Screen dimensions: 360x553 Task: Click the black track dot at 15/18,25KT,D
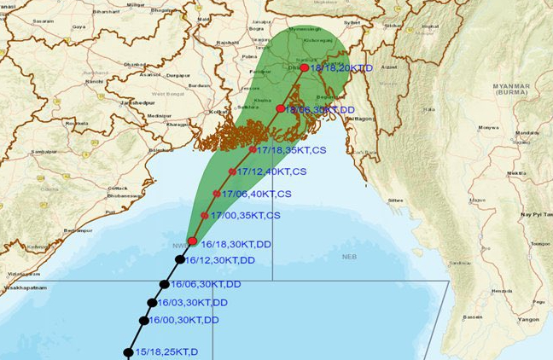pyautogui.click(x=128, y=352)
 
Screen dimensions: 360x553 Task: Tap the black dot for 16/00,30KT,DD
pyautogui.click(x=143, y=321)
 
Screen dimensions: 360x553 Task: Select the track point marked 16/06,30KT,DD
pyautogui.click(x=164, y=285)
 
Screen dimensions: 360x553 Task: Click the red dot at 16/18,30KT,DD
pyautogui.click(x=192, y=241)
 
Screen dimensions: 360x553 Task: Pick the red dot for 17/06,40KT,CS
pyautogui.click(x=217, y=195)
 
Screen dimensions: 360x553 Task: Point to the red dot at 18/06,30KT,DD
pyautogui.click(x=281, y=108)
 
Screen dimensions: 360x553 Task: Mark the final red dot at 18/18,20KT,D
pyautogui.click(x=305, y=67)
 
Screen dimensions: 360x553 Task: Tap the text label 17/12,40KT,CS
pyautogui.click(x=270, y=171)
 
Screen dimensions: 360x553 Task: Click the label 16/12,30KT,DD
pyautogui.click(x=220, y=260)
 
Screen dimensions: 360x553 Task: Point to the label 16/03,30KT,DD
pyautogui.click(x=193, y=303)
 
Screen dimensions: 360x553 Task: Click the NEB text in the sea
pyautogui.click(x=349, y=256)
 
